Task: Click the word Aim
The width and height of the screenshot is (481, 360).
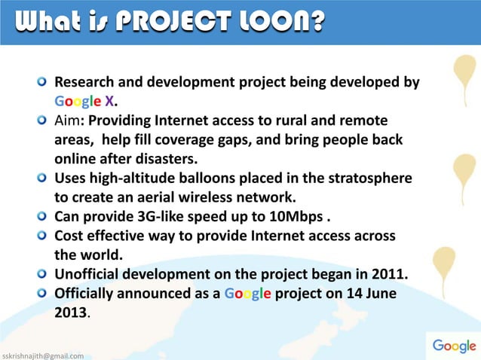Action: (69, 121)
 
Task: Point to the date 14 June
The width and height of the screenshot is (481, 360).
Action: (365, 293)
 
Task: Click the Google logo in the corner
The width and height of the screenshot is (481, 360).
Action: (453, 346)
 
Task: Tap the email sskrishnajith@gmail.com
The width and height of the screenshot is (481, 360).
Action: (43, 355)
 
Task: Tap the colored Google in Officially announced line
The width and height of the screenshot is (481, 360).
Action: (246, 293)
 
